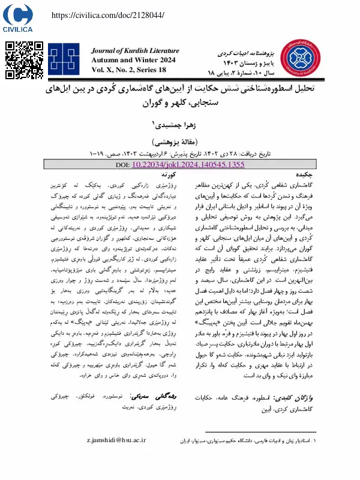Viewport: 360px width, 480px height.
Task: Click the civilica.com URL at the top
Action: [x=109, y=14]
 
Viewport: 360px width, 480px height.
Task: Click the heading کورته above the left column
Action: [x=158, y=157]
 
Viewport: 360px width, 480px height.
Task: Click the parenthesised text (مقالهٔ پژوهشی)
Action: [x=181, y=136]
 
